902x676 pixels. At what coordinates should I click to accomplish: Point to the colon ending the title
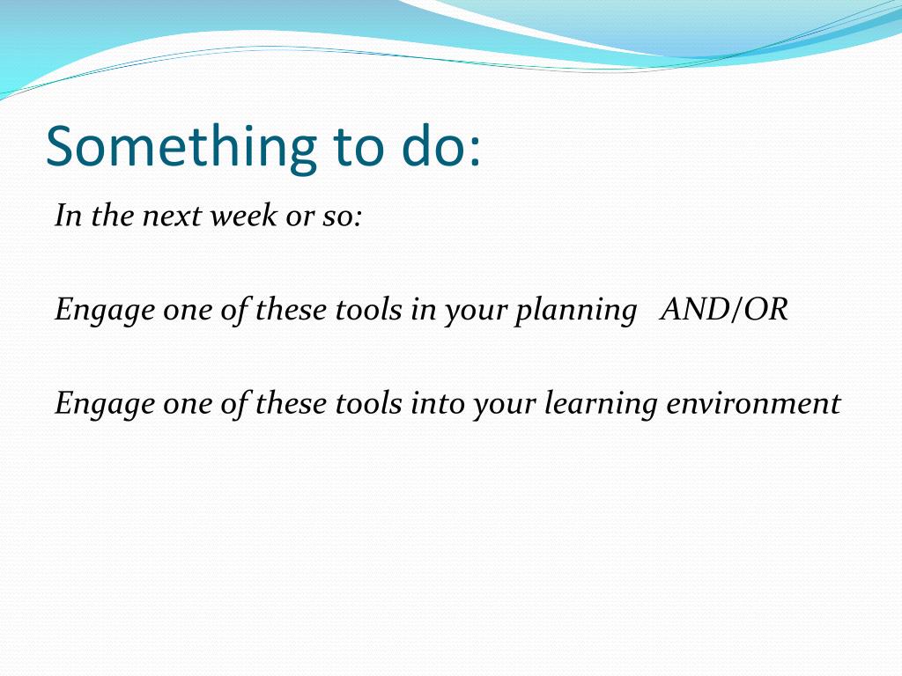click(474, 151)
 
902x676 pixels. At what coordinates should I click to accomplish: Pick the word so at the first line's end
click(336, 218)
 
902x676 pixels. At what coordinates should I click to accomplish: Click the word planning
click(576, 311)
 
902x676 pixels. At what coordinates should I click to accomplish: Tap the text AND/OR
click(724, 309)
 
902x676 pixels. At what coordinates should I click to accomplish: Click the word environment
click(754, 403)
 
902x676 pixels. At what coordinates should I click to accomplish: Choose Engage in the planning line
click(105, 311)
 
